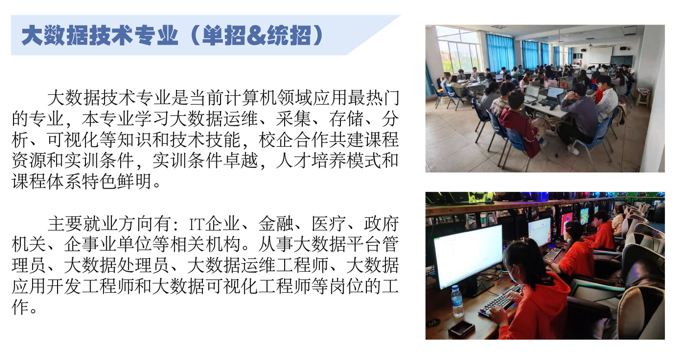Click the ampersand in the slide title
256,36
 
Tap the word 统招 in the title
289,36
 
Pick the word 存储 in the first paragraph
346,119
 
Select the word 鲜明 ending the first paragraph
134,181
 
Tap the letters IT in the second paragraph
197,224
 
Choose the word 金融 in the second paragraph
276,224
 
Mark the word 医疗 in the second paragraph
329,224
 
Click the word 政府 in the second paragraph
382,224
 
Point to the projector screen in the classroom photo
601,55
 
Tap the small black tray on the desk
461,328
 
